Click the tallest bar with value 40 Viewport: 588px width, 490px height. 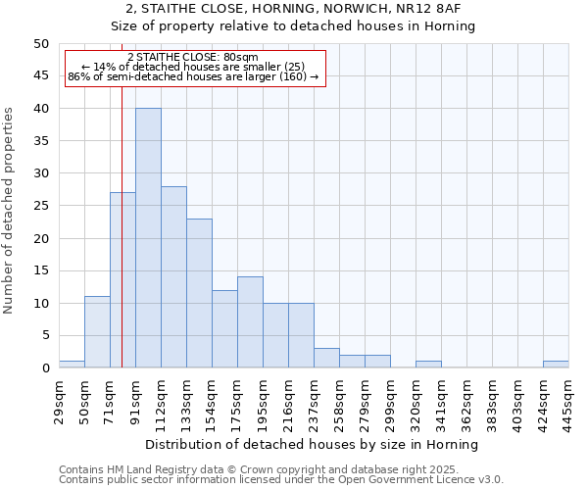(148, 238)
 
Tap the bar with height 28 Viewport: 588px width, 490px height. (173, 277)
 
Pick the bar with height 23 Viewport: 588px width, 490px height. (199, 293)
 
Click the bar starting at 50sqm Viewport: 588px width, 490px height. (97, 332)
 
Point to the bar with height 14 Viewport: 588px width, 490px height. (250, 322)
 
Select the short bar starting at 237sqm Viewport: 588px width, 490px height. (326, 359)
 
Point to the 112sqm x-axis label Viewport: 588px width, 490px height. (161, 399)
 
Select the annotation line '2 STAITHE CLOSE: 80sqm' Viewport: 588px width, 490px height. (193, 58)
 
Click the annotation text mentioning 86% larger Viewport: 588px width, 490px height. (193, 76)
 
